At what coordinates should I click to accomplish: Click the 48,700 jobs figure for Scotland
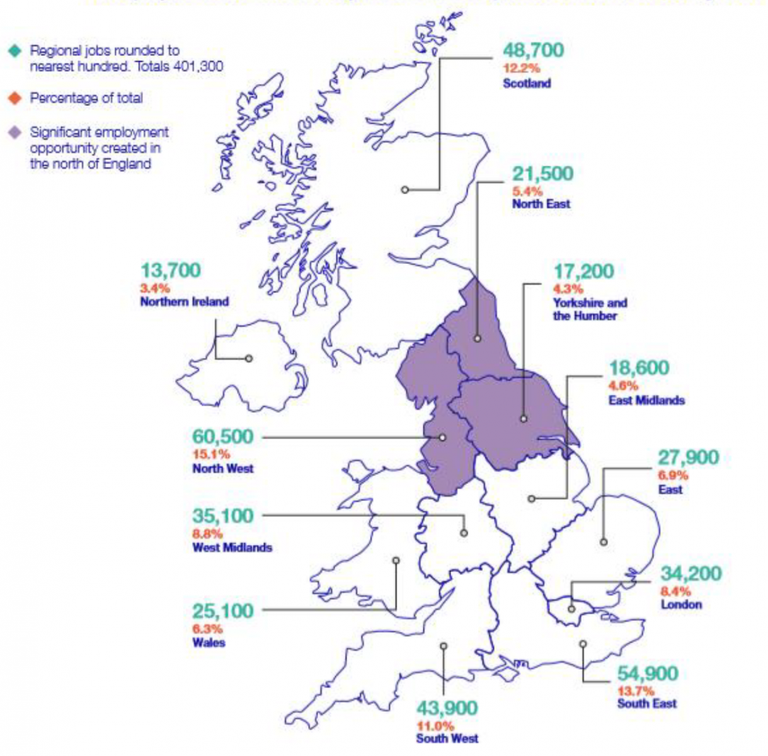point(533,50)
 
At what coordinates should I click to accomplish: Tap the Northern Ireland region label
point(184,302)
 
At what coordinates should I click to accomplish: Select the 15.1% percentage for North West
point(211,454)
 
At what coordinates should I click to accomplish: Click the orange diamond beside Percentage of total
point(15,98)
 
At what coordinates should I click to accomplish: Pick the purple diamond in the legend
point(15,133)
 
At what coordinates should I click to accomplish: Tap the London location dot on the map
point(571,609)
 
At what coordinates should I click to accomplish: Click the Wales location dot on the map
point(396,560)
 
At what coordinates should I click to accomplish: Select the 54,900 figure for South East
point(647,673)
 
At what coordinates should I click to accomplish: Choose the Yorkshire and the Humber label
point(590,309)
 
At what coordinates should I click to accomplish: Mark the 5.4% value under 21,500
point(527,191)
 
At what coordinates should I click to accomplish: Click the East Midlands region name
point(646,400)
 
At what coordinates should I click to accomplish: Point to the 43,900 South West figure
point(447,708)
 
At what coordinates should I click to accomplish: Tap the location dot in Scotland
point(405,190)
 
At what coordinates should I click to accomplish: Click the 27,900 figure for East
point(688,457)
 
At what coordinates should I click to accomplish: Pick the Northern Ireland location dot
point(249,358)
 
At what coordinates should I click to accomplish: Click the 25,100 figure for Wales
point(222,611)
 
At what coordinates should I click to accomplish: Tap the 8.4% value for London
point(675,591)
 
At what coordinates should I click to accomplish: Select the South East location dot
point(583,644)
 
